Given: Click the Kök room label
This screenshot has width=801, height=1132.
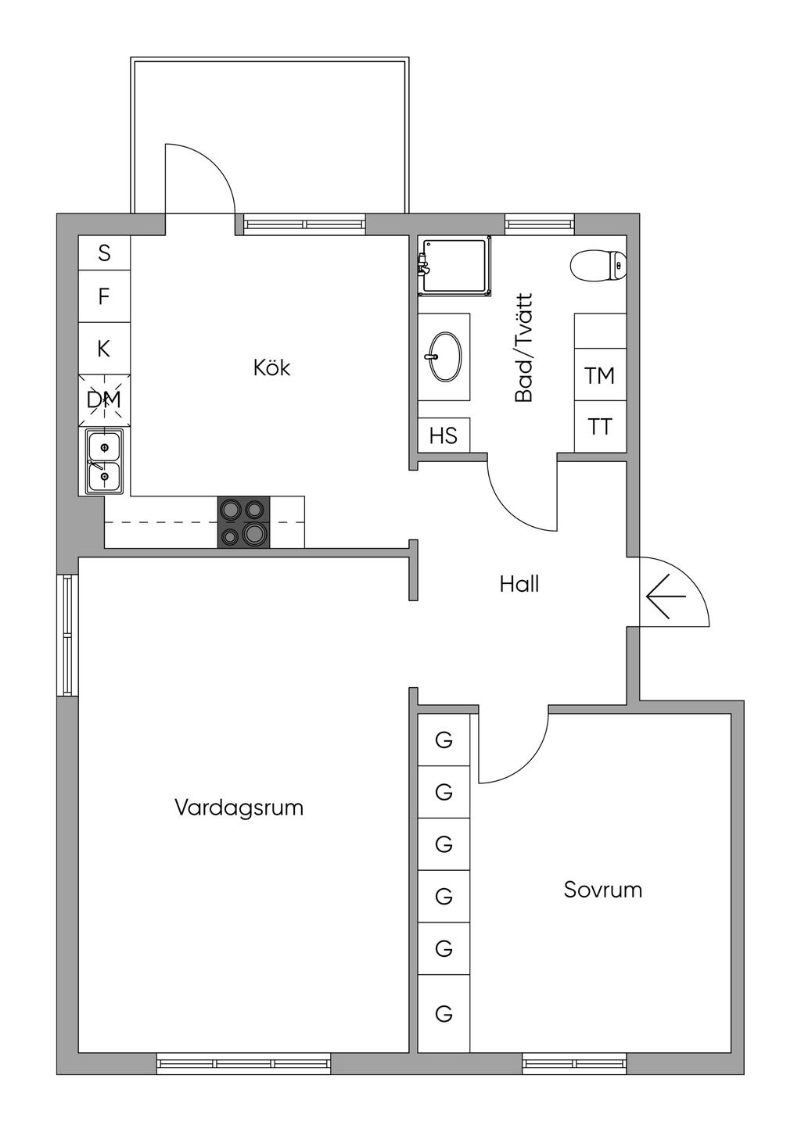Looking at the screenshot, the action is pyautogui.click(x=272, y=368).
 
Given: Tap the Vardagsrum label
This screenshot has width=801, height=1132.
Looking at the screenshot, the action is pyautogui.click(x=239, y=807).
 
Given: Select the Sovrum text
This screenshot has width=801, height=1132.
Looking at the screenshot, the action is pyautogui.click(x=603, y=890).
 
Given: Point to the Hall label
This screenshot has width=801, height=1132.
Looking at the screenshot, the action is pyautogui.click(x=519, y=584).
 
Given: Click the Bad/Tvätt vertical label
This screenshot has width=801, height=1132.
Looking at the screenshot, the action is pyautogui.click(x=524, y=348).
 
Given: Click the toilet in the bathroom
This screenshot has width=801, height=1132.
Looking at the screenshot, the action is pyautogui.click(x=598, y=266).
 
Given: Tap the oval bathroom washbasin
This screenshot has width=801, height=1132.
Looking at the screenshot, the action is pyautogui.click(x=446, y=356).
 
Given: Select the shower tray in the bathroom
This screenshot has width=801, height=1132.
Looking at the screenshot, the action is pyautogui.click(x=454, y=267).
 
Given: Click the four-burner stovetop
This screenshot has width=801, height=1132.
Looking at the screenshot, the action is pyautogui.click(x=244, y=522).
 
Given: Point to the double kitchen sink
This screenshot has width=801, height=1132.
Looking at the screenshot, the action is pyautogui.click(x=104, y=461).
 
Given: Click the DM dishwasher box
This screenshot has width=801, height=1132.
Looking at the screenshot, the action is pyautogui.click(x=104, y=400).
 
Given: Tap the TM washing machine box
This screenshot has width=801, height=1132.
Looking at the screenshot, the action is pyautogui.click(x=600, y=374).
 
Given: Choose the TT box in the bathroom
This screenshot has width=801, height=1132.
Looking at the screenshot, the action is pyautogui.click(x=600, y=427).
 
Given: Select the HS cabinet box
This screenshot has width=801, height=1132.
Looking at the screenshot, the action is pyautogui.click(x=444, y=435).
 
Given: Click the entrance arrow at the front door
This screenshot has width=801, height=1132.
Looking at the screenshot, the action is pyautogui.click(x=666, y=596).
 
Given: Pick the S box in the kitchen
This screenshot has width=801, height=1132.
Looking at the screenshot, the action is pyautogui.click(x=104, y=253).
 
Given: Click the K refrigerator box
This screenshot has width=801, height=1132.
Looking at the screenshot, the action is pyautogui.click(x=104, y=348).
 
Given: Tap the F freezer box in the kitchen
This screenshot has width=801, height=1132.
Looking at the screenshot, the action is pyautogui.click(x=104, y=296).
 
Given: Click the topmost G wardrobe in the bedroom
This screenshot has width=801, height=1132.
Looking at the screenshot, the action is pyautogui.click(x=444, y=740).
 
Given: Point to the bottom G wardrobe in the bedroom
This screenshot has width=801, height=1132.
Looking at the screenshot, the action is pyautogui.click(x=444, y=1013).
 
